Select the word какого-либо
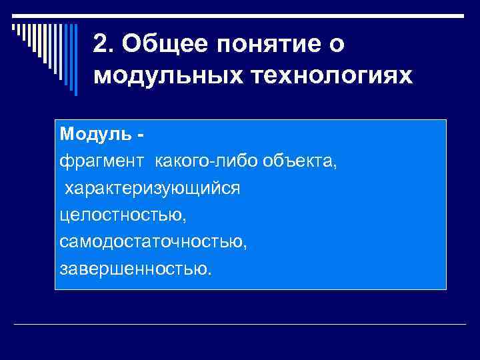[210, 161]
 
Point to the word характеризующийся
[152, 189]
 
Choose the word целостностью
[123, 215]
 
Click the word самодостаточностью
[153, 242]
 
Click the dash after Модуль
[141, 135]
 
